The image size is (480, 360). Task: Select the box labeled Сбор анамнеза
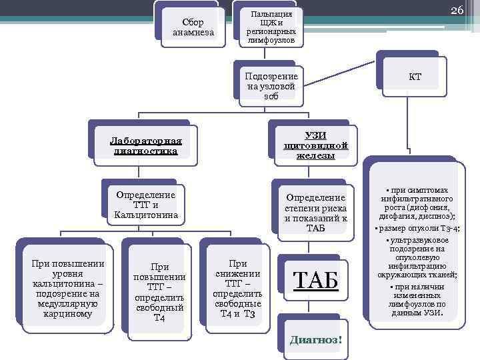coord(193,27)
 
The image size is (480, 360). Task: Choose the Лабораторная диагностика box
coord(146,146)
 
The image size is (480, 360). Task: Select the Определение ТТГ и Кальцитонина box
coord(145,205)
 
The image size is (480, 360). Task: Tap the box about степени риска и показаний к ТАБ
coord(315,212)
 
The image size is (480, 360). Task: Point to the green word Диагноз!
coord(316,339)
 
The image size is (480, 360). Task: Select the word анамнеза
coord(193,32)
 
